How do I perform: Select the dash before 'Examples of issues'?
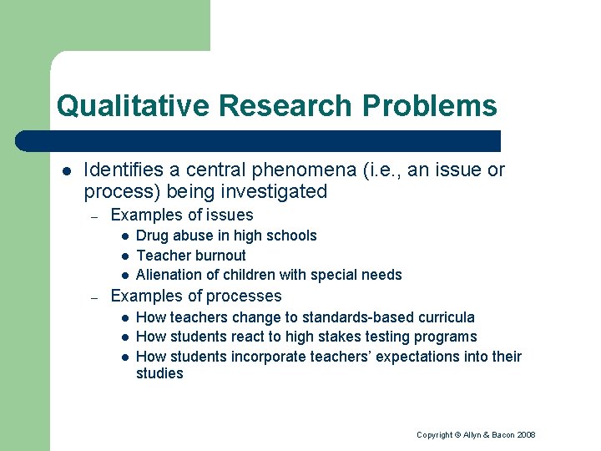(95, 216)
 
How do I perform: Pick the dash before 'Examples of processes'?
(95, 296)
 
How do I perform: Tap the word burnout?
(219, 256)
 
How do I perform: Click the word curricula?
(446, 317)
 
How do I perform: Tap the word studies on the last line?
(159, 374)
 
